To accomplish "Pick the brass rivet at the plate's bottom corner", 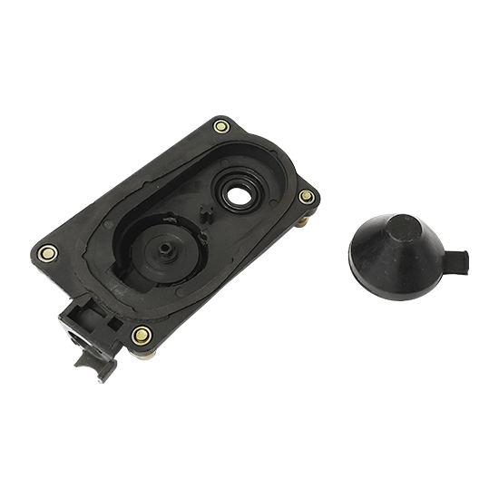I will (x=140, y=336).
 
